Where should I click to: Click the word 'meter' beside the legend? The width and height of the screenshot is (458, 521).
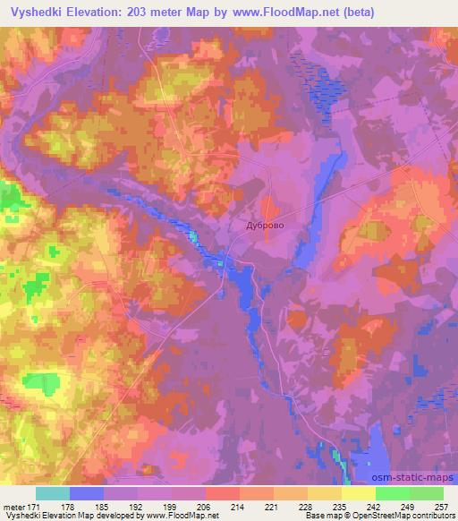click(14, 506)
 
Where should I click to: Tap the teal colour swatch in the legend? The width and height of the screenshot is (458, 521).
click(53, 493)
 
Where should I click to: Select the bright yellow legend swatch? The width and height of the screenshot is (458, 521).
click(358, 493)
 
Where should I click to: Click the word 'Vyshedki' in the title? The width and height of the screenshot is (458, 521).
click(32, 11)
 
